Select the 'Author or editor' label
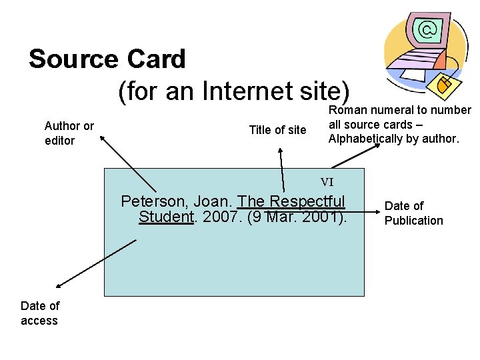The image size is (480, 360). [69, 133]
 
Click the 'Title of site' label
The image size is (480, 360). [277, 130]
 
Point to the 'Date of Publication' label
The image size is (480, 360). [413, 213]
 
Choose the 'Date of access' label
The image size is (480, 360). [40, 313]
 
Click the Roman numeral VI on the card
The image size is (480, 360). [327, 181]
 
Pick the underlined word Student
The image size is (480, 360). [165, 217]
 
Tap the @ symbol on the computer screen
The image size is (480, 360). [429, 29]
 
